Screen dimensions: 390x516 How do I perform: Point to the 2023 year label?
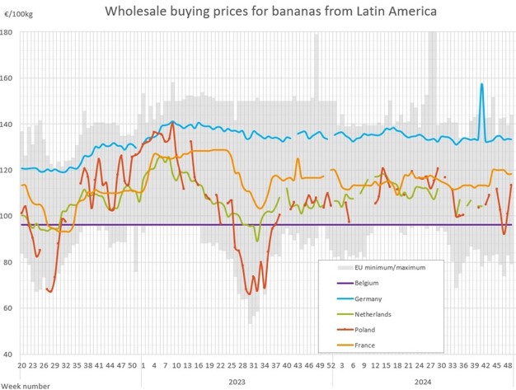pos(236,382)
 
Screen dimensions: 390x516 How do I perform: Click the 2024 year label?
pos(423,382)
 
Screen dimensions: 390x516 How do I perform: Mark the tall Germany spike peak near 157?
pos(481,84)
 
